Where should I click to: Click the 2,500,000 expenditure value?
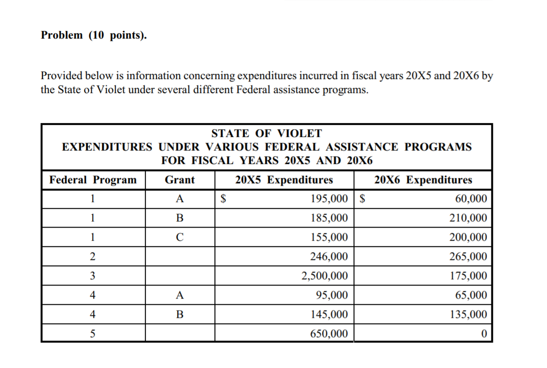click(324, 276)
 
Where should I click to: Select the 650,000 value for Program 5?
click(329, 334)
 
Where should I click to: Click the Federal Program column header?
click(93, 180)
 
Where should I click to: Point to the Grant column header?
click(180, 180)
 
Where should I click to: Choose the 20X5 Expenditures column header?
click(284, 180)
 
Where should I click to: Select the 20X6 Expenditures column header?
click(423, 180)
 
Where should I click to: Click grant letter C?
click(180, 237)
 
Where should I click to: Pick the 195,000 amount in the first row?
click(329, 199)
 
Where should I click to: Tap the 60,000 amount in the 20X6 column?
click(471, 199)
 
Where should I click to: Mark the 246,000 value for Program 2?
click(329, 257)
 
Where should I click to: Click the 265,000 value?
click(468, 257)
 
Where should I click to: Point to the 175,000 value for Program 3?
click(468, 276)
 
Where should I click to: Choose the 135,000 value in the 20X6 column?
click(468, 314)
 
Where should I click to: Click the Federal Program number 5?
click(92, 334)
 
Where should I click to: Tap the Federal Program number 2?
click(92, 257)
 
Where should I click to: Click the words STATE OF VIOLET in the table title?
click(266, 133)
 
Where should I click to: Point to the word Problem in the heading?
click(62, 35)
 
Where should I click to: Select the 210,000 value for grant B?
click(468, 218)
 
